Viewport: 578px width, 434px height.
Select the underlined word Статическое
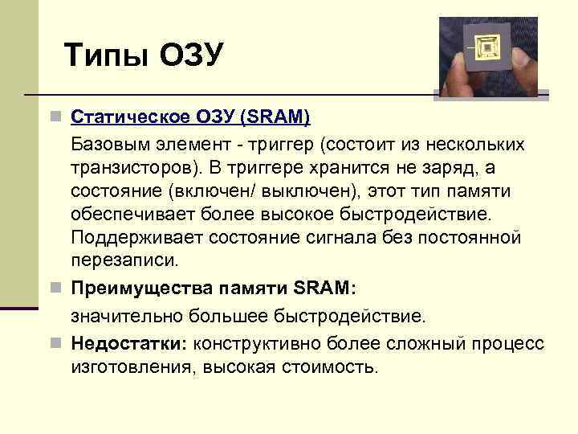pos(132,117)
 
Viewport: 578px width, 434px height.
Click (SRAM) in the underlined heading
pos(275,117)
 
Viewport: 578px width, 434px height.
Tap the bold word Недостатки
pos(127,343)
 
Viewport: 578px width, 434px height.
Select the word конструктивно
pos(258,343)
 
